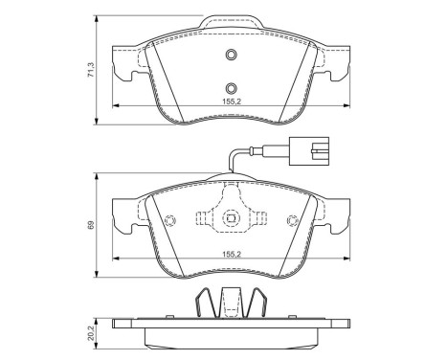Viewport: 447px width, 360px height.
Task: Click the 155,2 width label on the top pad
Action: tap(231, 98)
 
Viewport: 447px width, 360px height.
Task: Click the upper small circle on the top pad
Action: tap(231, 54)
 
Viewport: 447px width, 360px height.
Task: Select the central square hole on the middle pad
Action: tap(231, 221)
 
